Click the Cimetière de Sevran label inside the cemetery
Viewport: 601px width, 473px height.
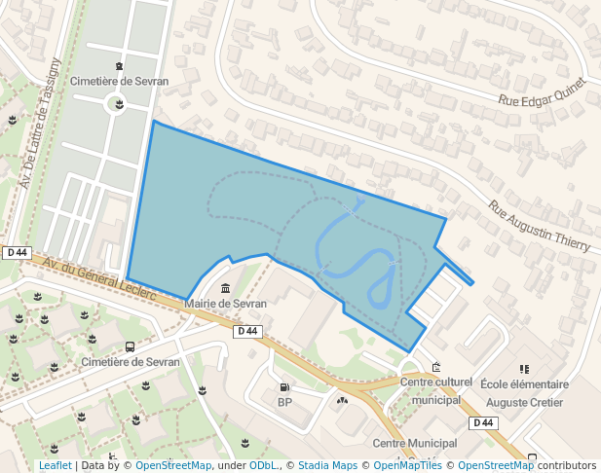coord(119,82)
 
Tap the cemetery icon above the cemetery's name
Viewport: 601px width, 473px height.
coord(119,65)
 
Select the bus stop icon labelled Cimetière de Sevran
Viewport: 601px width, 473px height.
coord(130,346)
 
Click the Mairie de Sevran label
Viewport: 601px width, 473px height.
coord(225,304)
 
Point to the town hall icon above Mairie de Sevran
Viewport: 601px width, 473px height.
coord(226,289)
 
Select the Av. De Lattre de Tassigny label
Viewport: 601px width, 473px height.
coord(42,123)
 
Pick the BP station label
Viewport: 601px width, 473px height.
coord(284,402)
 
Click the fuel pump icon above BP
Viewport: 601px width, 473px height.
coord(284,387)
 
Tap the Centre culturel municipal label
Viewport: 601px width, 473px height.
coord(435,390)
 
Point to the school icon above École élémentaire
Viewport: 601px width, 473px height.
coord(524,369)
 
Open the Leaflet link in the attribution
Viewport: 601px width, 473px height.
coord(55,465)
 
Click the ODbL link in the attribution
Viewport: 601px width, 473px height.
coord(263,465)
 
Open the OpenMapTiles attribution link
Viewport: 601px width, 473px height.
coord(407,465)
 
